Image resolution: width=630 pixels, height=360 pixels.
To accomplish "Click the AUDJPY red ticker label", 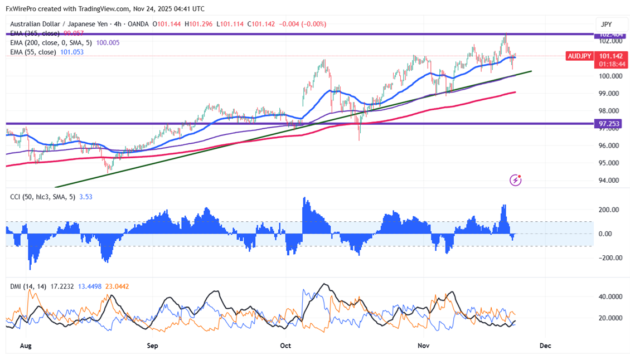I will click(579, 56).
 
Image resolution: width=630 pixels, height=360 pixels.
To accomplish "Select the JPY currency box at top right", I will click(606, 25).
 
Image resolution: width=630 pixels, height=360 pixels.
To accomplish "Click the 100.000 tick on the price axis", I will click(610, 76).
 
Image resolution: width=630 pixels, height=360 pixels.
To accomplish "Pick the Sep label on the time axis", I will click(152, 346).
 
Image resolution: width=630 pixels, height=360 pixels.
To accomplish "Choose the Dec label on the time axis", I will click(545, 346).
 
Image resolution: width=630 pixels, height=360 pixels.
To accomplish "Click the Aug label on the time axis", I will click(26, 346).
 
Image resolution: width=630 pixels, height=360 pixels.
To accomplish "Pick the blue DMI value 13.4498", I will click(88, 286).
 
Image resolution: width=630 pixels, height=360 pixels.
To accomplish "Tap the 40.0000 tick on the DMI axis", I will click(610, 297).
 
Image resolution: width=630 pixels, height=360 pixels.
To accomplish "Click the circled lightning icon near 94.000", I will click(516, 180).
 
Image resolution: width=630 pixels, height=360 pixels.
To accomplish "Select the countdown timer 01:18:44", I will click(610, 64).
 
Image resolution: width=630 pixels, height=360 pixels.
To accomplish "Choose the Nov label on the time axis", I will click(424, 346).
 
